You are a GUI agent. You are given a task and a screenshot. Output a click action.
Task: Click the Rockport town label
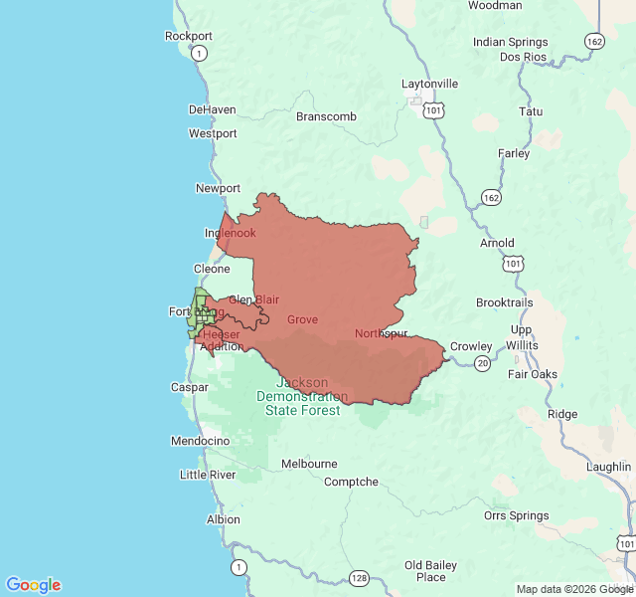(x=188, y=37)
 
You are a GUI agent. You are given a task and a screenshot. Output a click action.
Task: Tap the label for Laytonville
(x=429, y=84)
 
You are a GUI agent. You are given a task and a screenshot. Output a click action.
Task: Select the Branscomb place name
(x=326, y=116)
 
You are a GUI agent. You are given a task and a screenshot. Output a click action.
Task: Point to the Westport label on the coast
(x=213, y=133)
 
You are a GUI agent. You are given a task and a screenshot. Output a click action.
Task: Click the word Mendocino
(x=200, y=441)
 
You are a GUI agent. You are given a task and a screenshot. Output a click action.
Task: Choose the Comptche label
(x=351, y=482)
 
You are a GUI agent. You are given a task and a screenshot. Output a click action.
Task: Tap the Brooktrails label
(x=505, y=302)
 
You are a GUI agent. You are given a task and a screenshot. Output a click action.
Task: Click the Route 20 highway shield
(x=482, y=364)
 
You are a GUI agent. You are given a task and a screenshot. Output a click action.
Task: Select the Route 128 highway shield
(x=359, y=578)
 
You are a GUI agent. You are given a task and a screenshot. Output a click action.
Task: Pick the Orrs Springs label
(x=516, y=515)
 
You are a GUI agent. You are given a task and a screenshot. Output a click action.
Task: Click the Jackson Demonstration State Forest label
(x=302, y=396)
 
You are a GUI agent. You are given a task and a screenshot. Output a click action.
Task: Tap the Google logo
(x=34, y=585)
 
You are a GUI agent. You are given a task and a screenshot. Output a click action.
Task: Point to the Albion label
(x=224, y=519)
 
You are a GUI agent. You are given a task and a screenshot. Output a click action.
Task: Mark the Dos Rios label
(x=523, y=57)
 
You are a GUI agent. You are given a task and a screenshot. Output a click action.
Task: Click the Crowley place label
(x=471, y=346)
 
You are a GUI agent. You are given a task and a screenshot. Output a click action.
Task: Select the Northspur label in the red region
(x=381, y=333)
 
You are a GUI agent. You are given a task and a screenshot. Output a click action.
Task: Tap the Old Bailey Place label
(x=431, y=571)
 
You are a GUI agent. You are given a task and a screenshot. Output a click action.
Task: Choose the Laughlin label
(x=608, y=466)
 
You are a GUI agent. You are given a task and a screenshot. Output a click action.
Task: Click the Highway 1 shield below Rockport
(x=201, y=53)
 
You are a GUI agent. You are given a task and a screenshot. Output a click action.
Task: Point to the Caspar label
(x=190, y=387)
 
